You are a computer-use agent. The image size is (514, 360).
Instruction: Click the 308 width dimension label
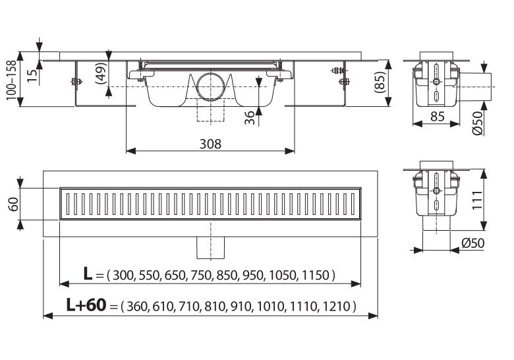pyautogui.click(x=211, y=143)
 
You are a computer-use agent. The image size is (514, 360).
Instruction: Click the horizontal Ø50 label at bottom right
pyautogui.click(x=472, y=243)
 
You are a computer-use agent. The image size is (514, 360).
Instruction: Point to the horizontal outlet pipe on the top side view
pyautogui.click(x=480, y=84)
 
